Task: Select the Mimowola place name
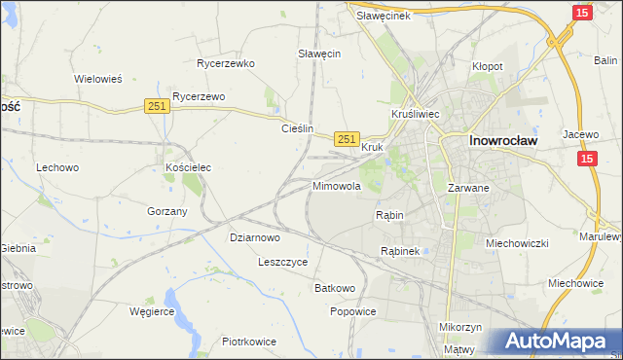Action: click(337, 185)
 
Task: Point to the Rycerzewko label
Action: click(225, 63)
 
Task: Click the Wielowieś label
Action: click(97, 80)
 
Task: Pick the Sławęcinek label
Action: click(385, 16)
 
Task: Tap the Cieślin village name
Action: click(297, 128)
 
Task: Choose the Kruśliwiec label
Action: click(417, 114)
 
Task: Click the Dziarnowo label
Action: click(255, 236)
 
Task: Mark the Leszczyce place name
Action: click(283, 262)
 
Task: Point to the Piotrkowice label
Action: click(249, 342)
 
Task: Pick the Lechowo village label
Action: click(57, 167)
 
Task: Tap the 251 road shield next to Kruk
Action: click(348, 140)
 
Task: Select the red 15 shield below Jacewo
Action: click(586, 159)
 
